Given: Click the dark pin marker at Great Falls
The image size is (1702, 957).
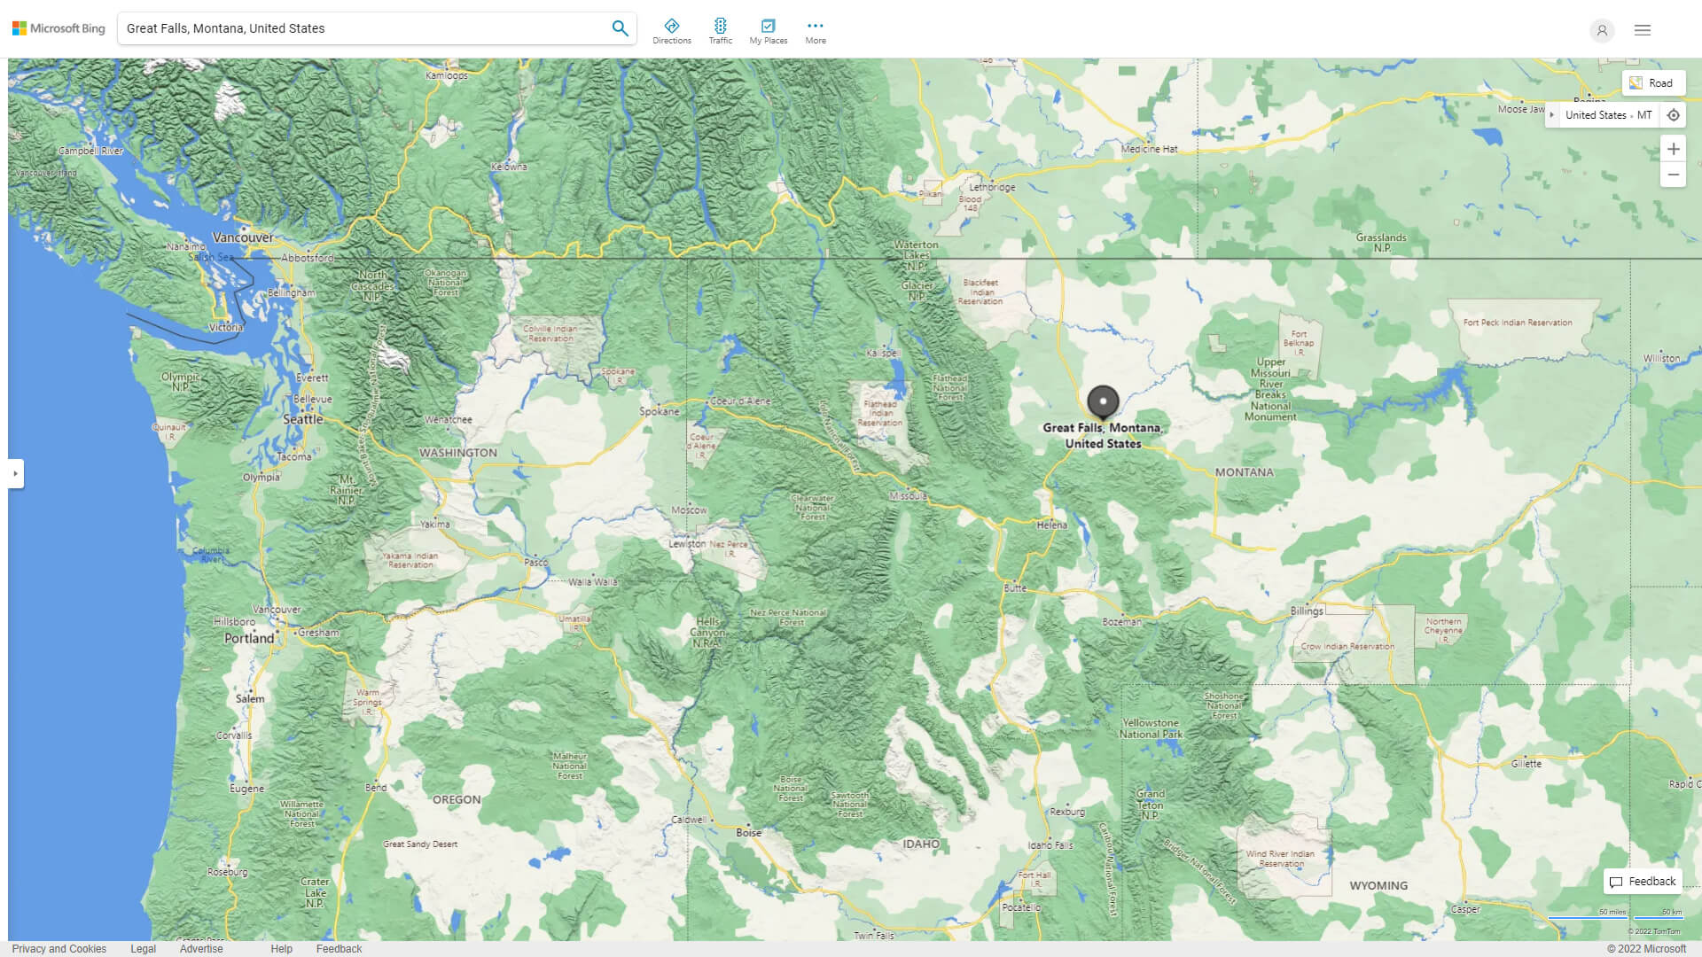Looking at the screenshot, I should click(1103, 401).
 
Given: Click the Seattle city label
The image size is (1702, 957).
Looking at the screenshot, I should click(303, 419).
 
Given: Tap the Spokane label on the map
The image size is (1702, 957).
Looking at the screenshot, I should click(660, 411).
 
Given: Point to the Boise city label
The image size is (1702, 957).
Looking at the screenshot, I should click(749, 833).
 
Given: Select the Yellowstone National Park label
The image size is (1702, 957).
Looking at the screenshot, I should click(1151, 728).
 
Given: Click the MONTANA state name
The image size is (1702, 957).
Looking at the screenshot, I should click(1244, 472).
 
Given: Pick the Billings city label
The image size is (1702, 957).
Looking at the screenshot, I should click(1307, 611).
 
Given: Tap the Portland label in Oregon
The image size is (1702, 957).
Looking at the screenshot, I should click(249, 638).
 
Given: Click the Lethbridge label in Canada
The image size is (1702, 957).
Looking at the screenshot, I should click(992, 187).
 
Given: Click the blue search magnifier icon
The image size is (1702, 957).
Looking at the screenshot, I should click(620, 28).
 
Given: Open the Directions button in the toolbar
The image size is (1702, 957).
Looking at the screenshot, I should click(671, 31).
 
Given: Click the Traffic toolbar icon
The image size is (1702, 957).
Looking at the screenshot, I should click(720, 31).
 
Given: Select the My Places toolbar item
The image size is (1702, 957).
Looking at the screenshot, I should click(768, 31).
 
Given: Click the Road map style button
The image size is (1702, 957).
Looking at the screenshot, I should click(1652, 83).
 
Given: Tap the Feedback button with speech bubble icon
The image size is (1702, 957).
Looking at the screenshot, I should click(1643, 881).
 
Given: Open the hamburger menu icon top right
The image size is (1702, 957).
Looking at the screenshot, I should click(1643, 30).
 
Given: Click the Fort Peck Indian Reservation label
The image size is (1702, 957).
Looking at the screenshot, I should click(1518, 323).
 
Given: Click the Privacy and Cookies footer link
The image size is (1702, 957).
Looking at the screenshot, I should click(59, 948).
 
